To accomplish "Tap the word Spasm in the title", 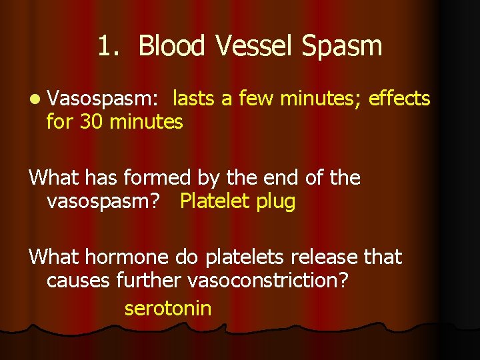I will click(x=342, y=46).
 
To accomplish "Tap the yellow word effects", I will click(x=399, y=99).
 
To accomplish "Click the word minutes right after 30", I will click(x=146, y=123).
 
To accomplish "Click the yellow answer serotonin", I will click(x=168, y=309).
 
